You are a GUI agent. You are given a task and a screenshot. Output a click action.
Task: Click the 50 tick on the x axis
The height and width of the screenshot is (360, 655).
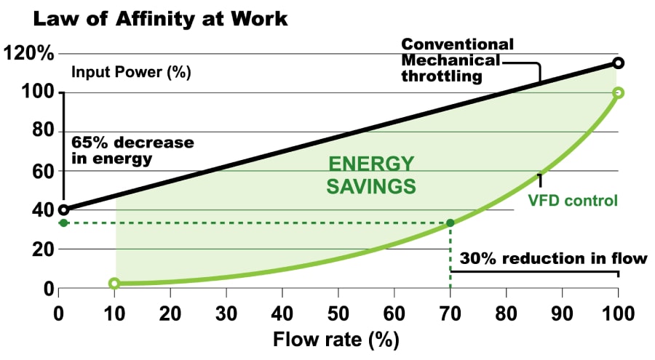click(338, 313)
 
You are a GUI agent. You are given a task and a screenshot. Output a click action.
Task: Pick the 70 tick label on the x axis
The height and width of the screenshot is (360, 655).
click(450, 313)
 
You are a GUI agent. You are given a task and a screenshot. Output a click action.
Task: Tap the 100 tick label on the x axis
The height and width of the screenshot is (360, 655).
click(618, 313)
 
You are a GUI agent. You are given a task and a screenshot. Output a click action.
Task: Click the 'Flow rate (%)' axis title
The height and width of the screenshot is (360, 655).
click(337, 340)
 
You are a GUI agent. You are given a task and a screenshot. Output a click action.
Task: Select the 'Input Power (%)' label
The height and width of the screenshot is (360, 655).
click(130, 73)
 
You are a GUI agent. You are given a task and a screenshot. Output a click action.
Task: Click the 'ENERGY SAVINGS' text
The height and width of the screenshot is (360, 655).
click(371, 175)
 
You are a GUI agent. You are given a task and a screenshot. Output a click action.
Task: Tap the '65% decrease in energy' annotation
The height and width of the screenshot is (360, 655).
click(132, 149)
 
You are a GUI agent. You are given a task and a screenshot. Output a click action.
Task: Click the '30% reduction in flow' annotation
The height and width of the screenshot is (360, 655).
click(552, 258)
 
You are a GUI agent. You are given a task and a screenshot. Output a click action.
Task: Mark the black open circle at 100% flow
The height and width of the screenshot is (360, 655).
click(618, 63)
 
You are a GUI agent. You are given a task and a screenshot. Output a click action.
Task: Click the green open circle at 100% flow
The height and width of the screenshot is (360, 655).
click(618, 93)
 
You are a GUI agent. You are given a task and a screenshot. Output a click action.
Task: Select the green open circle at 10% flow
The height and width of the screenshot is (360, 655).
click(114, 283)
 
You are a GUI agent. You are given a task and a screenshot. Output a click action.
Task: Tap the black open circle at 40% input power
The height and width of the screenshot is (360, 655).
click(63, 209)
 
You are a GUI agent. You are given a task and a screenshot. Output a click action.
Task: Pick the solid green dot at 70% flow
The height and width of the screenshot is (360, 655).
click(450, 223)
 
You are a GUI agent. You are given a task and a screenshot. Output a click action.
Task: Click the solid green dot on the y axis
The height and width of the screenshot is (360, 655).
click(63, 223)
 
